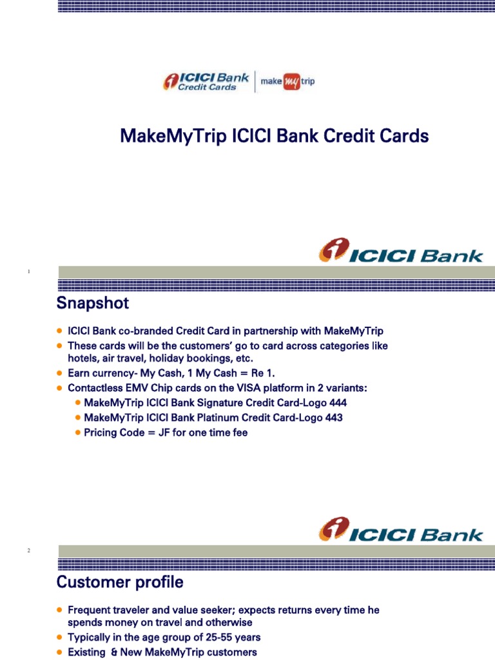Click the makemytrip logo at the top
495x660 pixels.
(287, 82)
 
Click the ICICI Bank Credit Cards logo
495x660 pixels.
(206, 82)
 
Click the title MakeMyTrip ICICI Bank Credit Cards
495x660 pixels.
(274, 136)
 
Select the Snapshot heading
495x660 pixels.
(93, 303)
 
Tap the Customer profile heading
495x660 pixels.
(120, 583)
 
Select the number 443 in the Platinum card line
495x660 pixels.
(333, 418)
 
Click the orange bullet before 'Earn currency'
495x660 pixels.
(60, 373)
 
